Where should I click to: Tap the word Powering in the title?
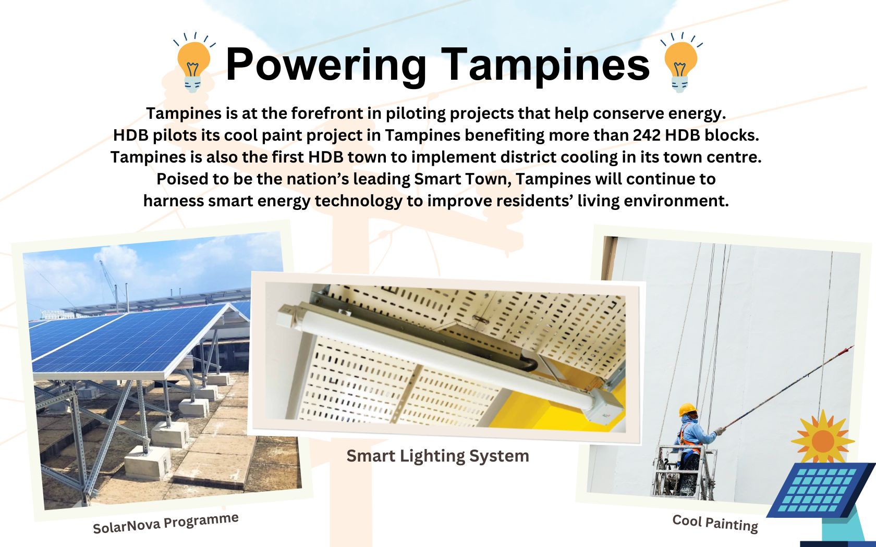click(326, 65)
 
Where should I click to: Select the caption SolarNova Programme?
click(165, 523)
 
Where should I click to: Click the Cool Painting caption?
click(715, 524)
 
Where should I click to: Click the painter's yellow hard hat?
click(688, 409)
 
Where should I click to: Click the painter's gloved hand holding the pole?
click(720, 431)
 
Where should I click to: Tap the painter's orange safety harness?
click(685, 438)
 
